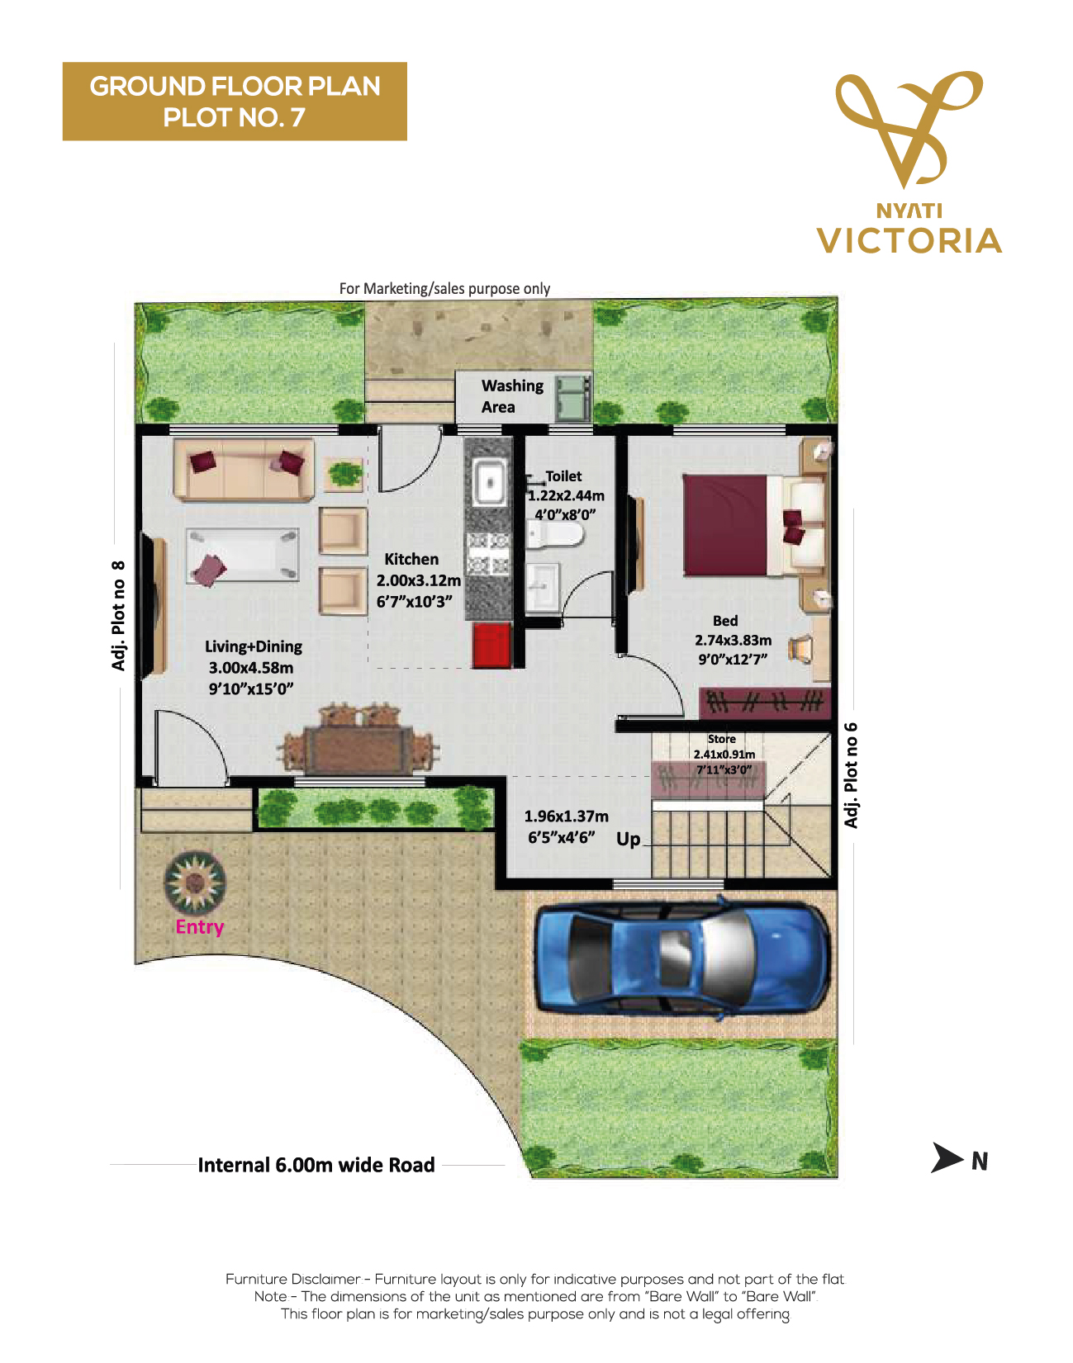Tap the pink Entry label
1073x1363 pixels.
tap(200, 927)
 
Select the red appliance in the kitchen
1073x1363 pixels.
tap(491, 646)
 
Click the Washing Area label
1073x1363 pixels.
tap(512, 396)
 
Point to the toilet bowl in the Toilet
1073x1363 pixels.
tap(555, 537)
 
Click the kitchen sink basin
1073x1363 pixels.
tap(489, 482)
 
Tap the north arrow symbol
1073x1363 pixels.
tap(947, 1157)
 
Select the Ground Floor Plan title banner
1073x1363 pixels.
tap(235, 102)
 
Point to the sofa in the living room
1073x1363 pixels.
tap(244, 470)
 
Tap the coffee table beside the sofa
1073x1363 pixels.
tap(242, 555)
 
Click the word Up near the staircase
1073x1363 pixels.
tap(629, 840)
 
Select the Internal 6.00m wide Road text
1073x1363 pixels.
tap(316, 1165)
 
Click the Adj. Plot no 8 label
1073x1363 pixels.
tap(119, 616)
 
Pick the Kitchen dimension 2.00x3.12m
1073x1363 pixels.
tap(419, 580)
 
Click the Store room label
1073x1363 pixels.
tap(722, 739)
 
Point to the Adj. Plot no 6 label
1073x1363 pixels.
tap(851, 775)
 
